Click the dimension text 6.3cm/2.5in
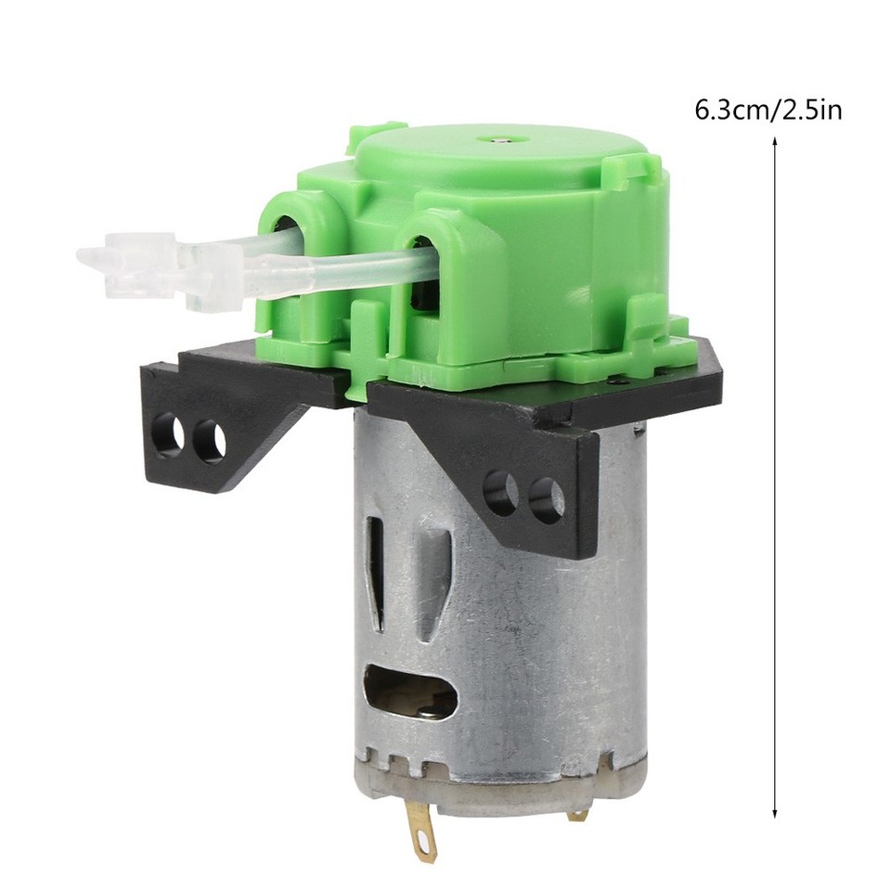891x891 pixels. pyautogui.click(x=768, y=110)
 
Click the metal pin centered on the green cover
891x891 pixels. pyautogui.click(x=500, y=139)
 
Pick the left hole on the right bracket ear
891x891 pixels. pyautogui.click(x=501, y=491)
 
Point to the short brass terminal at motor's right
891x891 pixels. pyautogui.click(x=580, y=812)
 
